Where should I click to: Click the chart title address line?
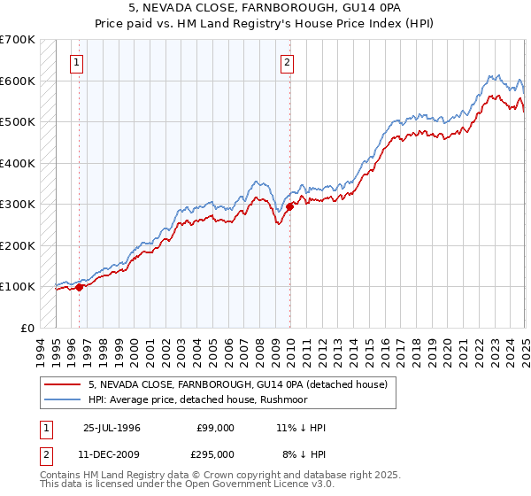click(x=265, y=8)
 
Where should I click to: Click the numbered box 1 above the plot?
click(x=78, y=62)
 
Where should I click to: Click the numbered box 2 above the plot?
click(x=288, y=62)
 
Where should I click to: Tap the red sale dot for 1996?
click(x=80, y=287)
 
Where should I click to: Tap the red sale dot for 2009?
click(x=289, y=206)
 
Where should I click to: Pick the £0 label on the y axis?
click(x=27, y=328)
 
